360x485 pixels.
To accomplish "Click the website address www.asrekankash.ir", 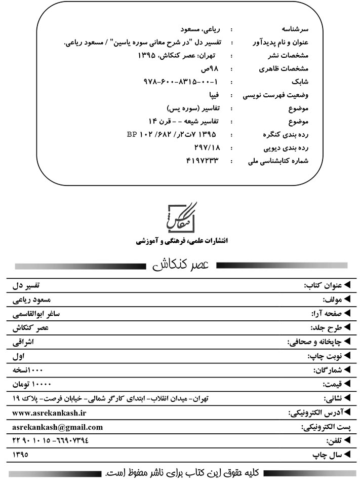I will [x=49, y=413].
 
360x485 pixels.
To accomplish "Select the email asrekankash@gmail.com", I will [x=57, y=427].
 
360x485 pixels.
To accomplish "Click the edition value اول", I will [x=17, y=356].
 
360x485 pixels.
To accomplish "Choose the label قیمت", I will [x=336, y=384].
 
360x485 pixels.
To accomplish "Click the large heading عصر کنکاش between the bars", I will [x=182, y=266].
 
